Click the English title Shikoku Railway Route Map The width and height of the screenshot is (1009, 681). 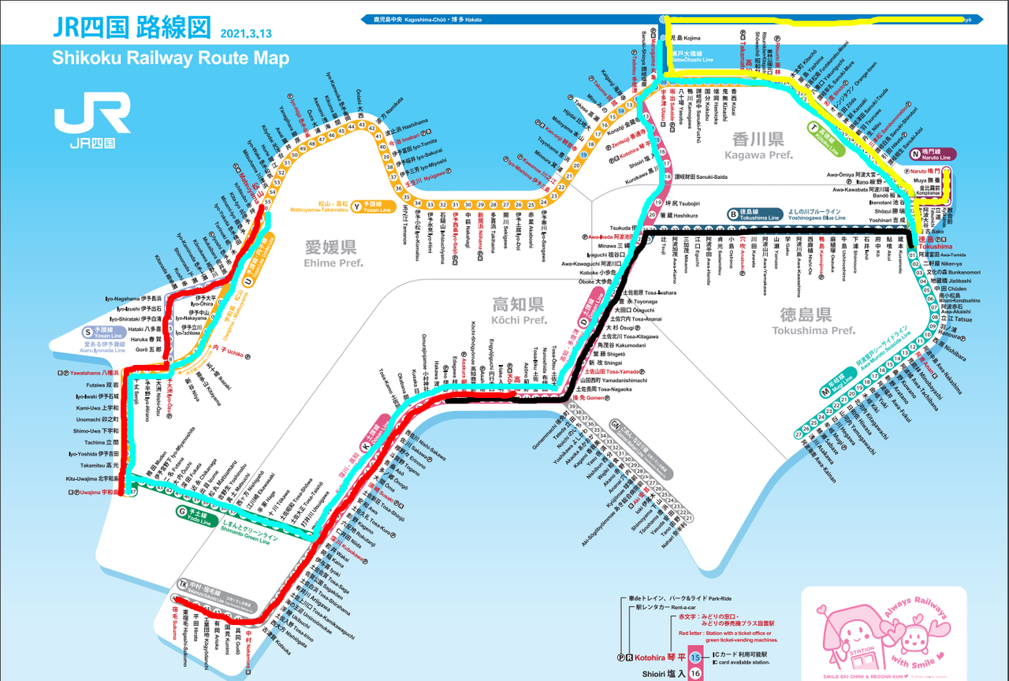tap(170, 58)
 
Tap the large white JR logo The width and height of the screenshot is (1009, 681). tap(92, 113)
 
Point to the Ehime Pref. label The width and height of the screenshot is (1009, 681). tap(333, 254)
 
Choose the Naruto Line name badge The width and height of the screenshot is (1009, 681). tap(933, 154)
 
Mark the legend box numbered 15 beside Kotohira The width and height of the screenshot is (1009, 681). tap(695, 656)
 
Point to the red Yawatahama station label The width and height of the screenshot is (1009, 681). tap(88, 372)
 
